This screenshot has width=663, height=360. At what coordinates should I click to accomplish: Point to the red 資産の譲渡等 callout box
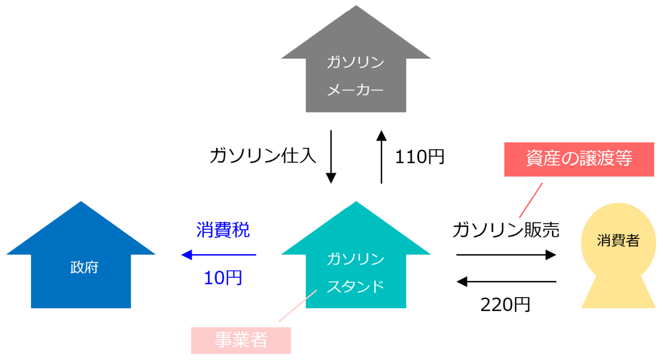[578, 159]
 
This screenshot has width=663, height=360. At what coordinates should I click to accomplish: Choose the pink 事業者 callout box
[241, 340]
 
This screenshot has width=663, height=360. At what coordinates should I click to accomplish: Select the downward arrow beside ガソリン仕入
[331, 157]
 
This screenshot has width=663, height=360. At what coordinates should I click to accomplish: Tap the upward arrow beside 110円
[381, 157]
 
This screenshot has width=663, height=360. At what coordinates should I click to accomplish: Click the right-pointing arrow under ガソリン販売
[506, 255]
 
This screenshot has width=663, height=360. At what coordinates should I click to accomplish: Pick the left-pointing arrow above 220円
[506, 282]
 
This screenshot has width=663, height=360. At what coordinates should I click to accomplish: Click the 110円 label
[419, 157]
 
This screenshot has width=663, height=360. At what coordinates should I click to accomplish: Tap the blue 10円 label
[223, 278]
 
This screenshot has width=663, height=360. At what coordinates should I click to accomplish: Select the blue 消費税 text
[223, 230]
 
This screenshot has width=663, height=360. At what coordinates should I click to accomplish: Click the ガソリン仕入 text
[263, 156]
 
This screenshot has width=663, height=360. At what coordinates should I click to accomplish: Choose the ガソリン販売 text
[506, 230]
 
